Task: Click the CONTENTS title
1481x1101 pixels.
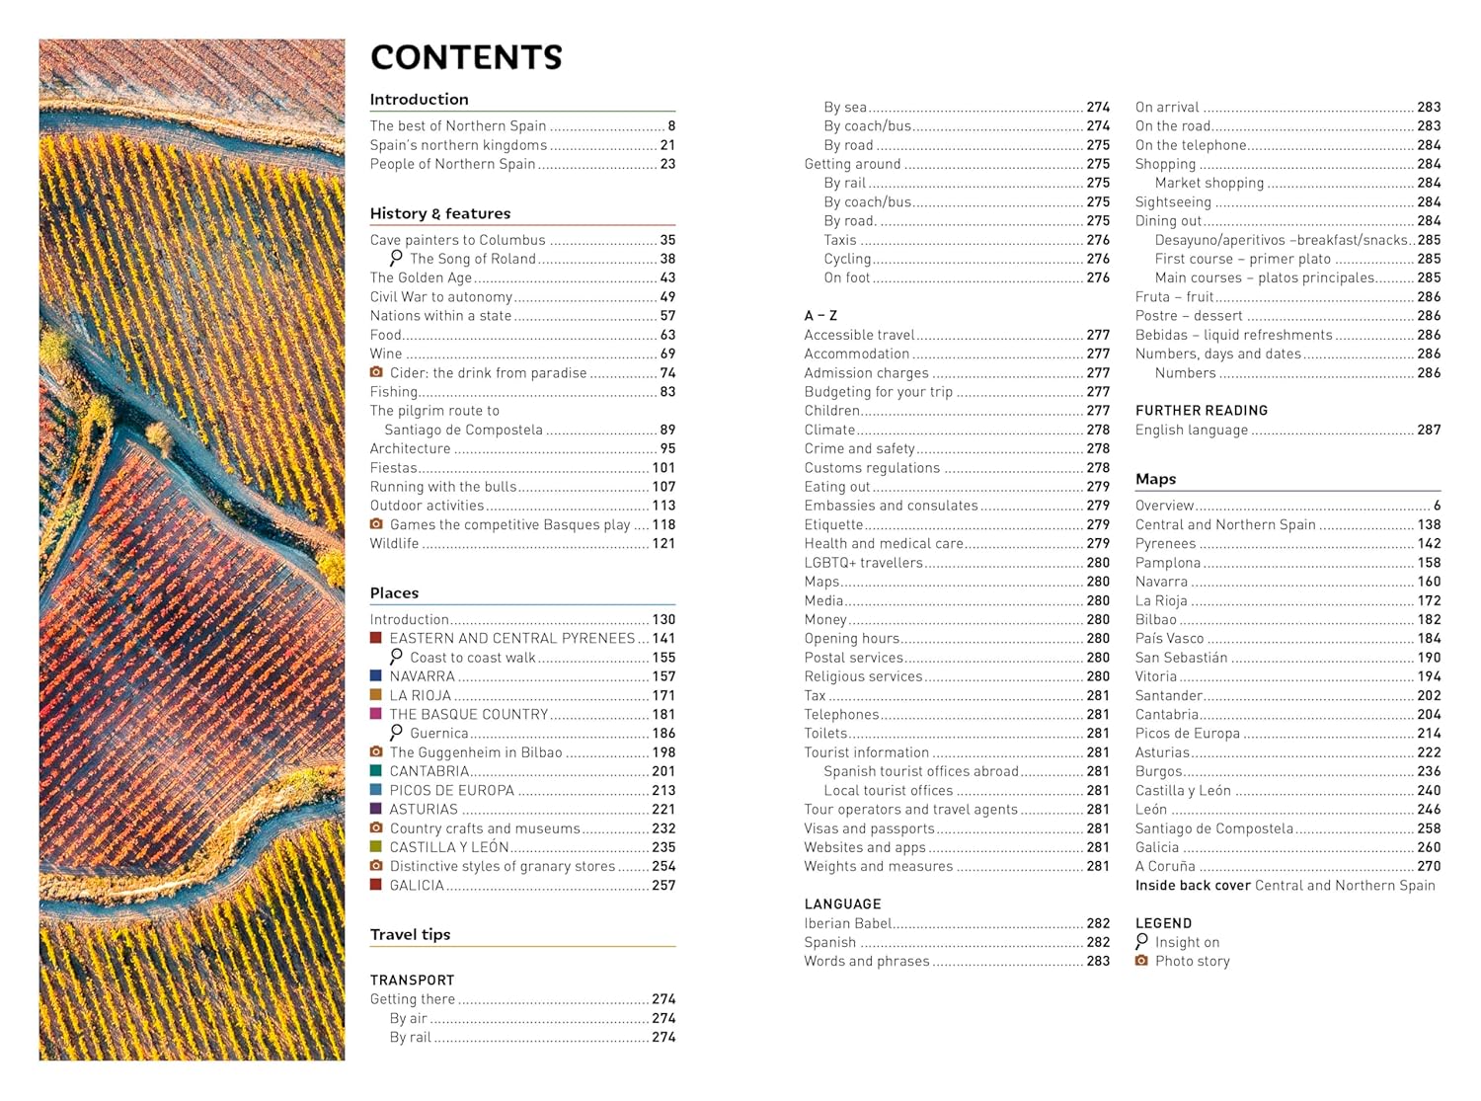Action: (x=466, y=57)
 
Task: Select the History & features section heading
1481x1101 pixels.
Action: (x=440, y=213)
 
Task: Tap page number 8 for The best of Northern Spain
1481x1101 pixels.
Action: (x=671, y=126)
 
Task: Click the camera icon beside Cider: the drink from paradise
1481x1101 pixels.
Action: (x=376, y=372)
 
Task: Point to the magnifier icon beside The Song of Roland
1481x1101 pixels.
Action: (x=396, y=258)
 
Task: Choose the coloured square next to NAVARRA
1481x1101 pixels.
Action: (x=376, y=676)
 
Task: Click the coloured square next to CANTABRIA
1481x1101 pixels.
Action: (x=376, y=771)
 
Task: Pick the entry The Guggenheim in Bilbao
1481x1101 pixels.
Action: (x=476, y=752)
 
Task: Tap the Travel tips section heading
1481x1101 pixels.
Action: (x=410, y=934)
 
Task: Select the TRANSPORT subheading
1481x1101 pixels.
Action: (x=412, y=981)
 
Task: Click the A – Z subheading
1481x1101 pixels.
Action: (x=820, y=316)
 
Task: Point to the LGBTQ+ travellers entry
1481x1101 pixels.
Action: (x=863, y=563)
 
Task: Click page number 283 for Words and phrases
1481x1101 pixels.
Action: (x=1098, y=962)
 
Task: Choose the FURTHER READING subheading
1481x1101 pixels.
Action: (x=1201, y=411)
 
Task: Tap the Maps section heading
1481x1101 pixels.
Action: (x=1155, y=479)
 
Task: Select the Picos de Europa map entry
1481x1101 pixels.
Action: (x=1187, y=734)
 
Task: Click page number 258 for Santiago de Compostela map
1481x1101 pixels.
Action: (x=1429, y=828)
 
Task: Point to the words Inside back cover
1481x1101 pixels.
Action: (x=1193, y=886)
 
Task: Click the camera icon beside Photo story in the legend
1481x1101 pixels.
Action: (x=1141, y=961)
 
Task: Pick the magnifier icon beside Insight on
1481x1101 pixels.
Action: (x=1142, y=941)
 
